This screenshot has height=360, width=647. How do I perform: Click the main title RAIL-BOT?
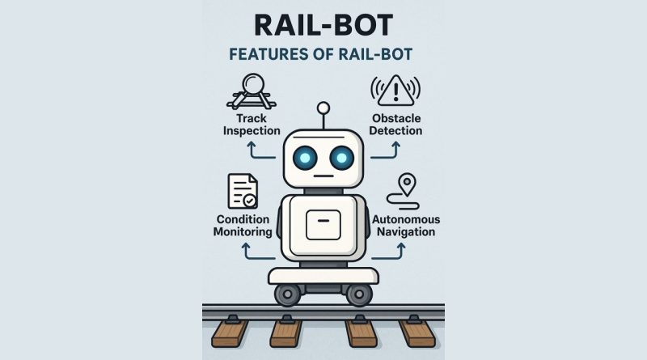coord(323,25)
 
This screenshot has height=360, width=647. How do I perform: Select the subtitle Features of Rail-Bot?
coord(320,54)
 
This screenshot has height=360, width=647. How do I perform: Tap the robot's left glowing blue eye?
coord(305,158)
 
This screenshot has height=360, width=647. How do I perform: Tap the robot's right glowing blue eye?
coord(341,158)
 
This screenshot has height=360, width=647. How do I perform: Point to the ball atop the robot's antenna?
coord(323,108)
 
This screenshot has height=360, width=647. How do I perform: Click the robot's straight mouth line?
coord(323,176)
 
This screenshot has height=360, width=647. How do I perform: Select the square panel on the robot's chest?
coord(323,225)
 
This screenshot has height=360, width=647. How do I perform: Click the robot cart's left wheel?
coord(288,294)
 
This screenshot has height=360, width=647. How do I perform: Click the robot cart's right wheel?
coord(359,294)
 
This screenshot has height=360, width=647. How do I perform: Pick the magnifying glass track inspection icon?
coord(252,91)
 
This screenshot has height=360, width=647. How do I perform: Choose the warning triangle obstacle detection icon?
coord(395,90)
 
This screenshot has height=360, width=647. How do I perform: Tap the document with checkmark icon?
coord(243,191)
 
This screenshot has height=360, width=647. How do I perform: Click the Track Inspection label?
coord(252,125)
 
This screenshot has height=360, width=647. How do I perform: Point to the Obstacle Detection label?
coord(395,125)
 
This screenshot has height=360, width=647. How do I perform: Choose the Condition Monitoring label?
coord(243,226)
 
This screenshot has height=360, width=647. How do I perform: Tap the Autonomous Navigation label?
coord(406,226)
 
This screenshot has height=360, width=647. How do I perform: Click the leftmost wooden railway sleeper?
coord(230,332)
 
